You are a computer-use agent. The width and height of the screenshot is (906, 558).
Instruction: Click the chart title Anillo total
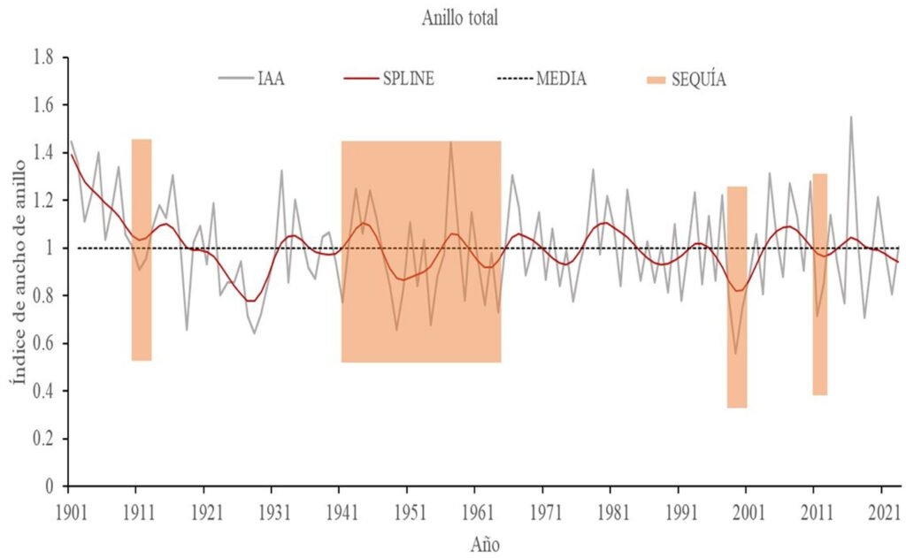coord(460,19)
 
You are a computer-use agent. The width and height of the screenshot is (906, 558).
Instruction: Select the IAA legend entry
coord(271,79)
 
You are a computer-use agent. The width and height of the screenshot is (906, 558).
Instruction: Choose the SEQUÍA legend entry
coord(698,80)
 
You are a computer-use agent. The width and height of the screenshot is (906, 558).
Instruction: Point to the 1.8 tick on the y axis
coord(43,57)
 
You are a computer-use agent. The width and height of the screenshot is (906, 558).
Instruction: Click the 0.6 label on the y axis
coord(43,343)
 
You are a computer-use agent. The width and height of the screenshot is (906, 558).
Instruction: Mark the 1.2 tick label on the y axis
coord(43,201)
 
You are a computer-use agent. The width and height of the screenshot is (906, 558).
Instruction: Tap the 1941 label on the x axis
coord(339,510)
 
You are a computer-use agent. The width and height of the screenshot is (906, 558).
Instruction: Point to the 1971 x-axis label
coord(542,510)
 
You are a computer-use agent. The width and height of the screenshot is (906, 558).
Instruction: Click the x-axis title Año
coord(484,541)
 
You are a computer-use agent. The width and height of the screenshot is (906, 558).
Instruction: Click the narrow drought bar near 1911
coord(142,249)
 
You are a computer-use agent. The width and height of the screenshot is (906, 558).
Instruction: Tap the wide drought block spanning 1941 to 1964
coord(421,251)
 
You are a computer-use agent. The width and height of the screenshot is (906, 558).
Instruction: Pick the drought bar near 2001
coord(737,297)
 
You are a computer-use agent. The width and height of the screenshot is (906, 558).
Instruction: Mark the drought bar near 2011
coord(819,284)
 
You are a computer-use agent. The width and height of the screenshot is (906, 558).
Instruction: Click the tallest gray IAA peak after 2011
coord(851,118)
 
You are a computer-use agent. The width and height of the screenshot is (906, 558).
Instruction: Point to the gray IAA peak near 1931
coord(281,171)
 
